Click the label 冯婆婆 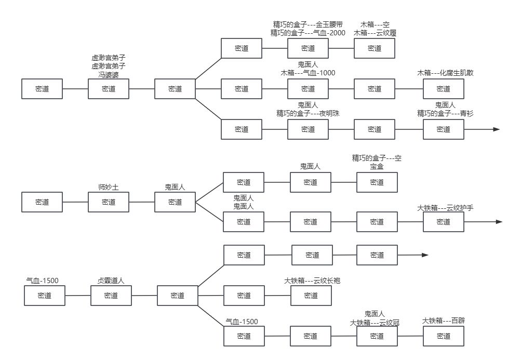tap(109, 74)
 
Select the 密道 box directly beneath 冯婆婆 tap(109, 89)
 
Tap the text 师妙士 tap(109, 187)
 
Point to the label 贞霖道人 tap(111, 281)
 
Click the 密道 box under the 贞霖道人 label tap(111, 296)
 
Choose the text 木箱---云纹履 tap(375, 33)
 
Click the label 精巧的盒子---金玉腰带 tap(308, 24)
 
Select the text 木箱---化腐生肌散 tap(445, 73)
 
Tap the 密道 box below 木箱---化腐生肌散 tap(444, 89)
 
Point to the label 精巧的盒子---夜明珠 tap(308, 113)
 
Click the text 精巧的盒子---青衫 tap(445, 113)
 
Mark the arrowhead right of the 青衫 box tap(497, 129)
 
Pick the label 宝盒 tap(377, 167)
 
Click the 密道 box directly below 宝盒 tap(377, 182)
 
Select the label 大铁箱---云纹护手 tap(445, 208)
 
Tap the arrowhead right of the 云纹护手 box tap(499, 222)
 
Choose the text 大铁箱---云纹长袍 tap(312, 281)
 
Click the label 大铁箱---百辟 tap(444, 321)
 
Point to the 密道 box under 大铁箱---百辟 tap(444, 336)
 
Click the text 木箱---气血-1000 tap(308, 73)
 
